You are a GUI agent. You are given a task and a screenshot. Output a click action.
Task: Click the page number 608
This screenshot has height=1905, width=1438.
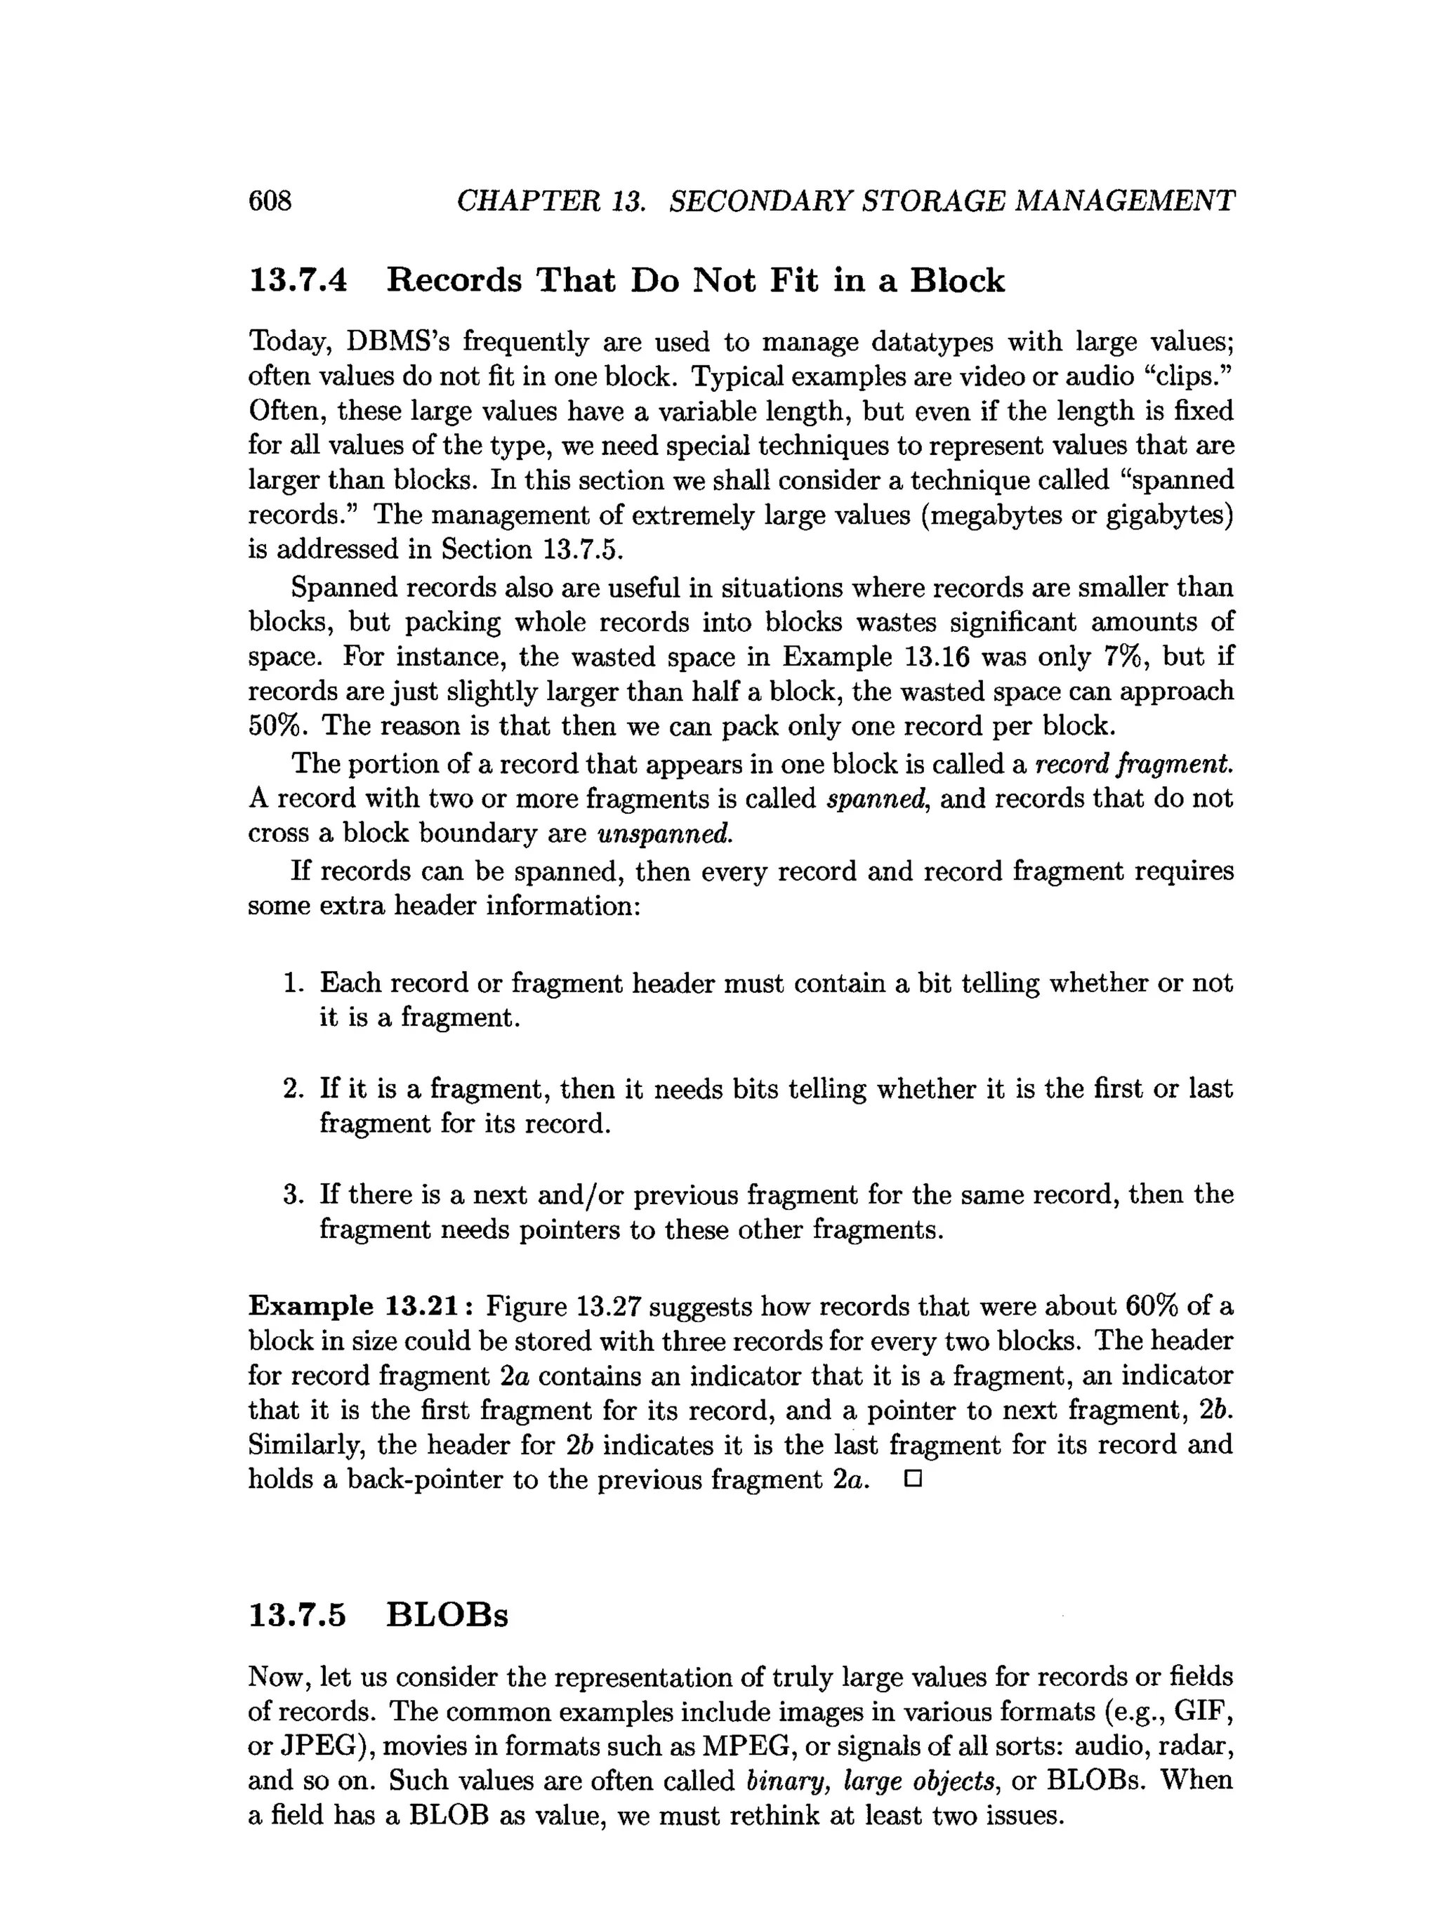(x=270, y=201)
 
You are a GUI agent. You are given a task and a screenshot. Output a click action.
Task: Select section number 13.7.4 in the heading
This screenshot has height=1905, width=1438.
(x=298, y=281)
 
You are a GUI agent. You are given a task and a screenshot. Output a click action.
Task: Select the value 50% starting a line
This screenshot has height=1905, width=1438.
(x=277, y=725)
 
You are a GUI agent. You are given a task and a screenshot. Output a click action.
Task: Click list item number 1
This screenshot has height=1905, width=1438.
(x=293, y=982)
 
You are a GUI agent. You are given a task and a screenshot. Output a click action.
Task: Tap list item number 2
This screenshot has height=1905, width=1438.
(x=293, y=1088)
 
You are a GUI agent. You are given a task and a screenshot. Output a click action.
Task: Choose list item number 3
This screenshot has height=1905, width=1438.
(x=293, y=1194)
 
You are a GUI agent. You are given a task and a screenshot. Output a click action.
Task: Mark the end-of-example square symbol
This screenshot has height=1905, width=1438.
(x=913, y=1479)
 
